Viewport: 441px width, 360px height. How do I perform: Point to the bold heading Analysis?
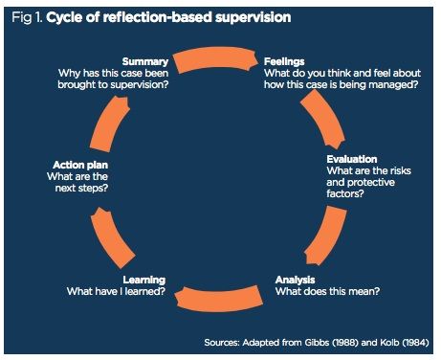coord(296,280)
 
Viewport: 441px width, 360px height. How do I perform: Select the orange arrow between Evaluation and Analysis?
coord(335,231)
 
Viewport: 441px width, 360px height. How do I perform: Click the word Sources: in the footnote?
coord(226,340)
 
